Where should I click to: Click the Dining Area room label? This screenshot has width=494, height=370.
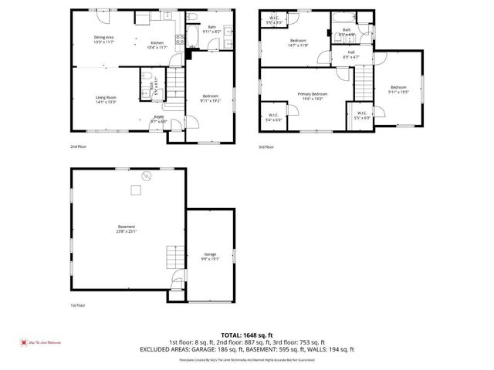coord(104,39)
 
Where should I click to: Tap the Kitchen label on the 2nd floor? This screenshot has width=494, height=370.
coord(157,44)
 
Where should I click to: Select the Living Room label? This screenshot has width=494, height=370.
coord(106,99)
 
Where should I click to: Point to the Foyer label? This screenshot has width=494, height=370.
coord(158,119)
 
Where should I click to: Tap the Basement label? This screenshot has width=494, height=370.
coord(126,229)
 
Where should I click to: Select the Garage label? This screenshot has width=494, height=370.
coord(210,256)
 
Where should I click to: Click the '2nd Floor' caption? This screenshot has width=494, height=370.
coord(78,145)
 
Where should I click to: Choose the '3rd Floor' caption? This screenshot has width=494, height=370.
coord(266,145)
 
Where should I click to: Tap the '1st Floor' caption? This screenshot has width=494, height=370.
coord(77,305)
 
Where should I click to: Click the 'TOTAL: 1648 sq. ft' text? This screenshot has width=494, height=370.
coord(246,335)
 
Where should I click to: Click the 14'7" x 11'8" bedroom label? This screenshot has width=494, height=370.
coord(299,43)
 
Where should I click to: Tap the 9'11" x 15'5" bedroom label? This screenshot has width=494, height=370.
coord(398,89)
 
